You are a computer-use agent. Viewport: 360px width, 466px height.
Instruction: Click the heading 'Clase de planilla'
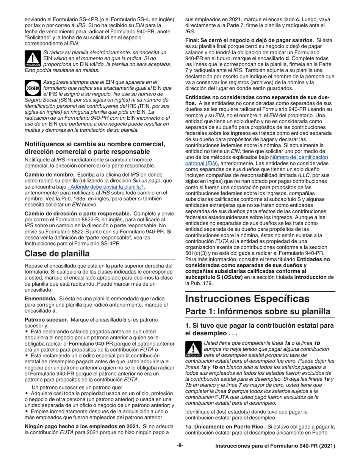pos(57,253)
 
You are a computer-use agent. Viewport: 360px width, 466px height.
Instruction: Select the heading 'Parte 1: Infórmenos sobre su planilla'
pos(257,311)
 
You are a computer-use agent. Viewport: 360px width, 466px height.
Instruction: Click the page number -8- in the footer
pos(180,446)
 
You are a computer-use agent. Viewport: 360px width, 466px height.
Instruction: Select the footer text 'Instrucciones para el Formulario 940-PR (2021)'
pos(275,446)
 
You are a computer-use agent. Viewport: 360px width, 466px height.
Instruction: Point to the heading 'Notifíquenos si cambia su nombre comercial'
pos(95,144)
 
